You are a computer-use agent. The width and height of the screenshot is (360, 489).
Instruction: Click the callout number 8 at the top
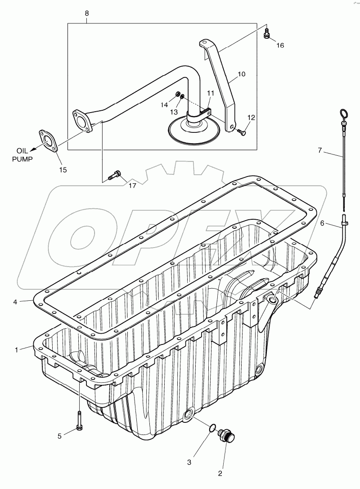point(87,14)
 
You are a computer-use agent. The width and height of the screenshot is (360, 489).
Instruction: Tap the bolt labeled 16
point(267,33)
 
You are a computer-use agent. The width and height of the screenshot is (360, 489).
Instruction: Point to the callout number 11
point(211,93)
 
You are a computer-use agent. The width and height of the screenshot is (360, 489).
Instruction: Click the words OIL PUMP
point(25,155)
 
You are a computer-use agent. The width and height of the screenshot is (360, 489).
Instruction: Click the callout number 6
point(322,223)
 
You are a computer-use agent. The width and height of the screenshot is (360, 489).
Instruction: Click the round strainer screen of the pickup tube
point(193,129)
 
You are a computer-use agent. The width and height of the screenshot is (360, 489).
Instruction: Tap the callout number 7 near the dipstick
point(320,150)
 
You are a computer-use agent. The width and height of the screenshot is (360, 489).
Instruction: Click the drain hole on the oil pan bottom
point(189,413)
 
